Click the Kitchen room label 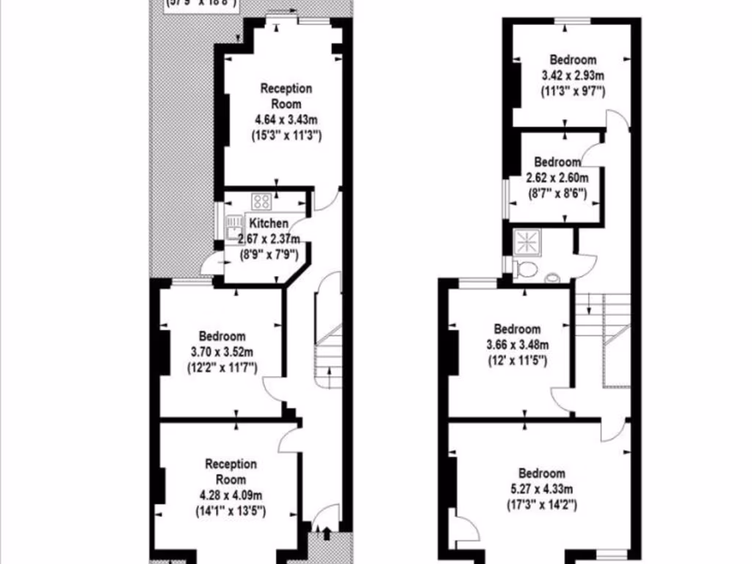[268, 223]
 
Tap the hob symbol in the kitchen [261, 200]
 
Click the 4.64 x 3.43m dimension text [286, 120]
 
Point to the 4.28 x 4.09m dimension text [231, 496]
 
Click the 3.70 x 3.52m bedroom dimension [220, 352]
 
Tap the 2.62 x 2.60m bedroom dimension [557, 178]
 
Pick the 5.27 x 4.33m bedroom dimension [542, 489]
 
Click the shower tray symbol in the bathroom [527, 240]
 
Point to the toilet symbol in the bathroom [524, 270]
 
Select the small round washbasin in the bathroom [552, 278]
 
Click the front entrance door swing [327, 517]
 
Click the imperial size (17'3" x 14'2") [542, 505]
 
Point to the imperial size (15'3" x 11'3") [286, 136]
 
